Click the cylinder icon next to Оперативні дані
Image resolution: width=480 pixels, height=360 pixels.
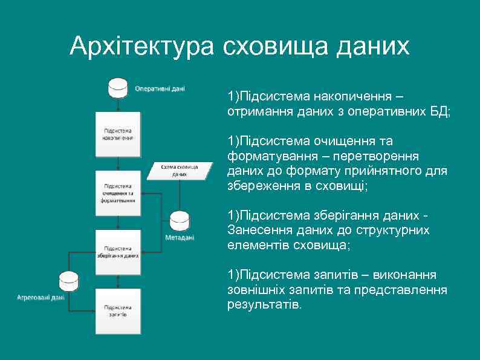pyautogui.click(x=118, y=88)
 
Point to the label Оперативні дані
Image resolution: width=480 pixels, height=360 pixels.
pyautogui.click(x=160, y=88)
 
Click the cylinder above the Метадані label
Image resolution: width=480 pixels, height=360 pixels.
pyautogui.click(x=180, y=221)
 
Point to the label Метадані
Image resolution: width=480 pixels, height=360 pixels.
pyautogui.click(x=180, y=238)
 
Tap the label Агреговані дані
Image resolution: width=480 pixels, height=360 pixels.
pyautogui.click(x=41, y=298)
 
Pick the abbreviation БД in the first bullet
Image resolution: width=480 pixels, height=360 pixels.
pyautogui.click(x=438, y=112)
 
